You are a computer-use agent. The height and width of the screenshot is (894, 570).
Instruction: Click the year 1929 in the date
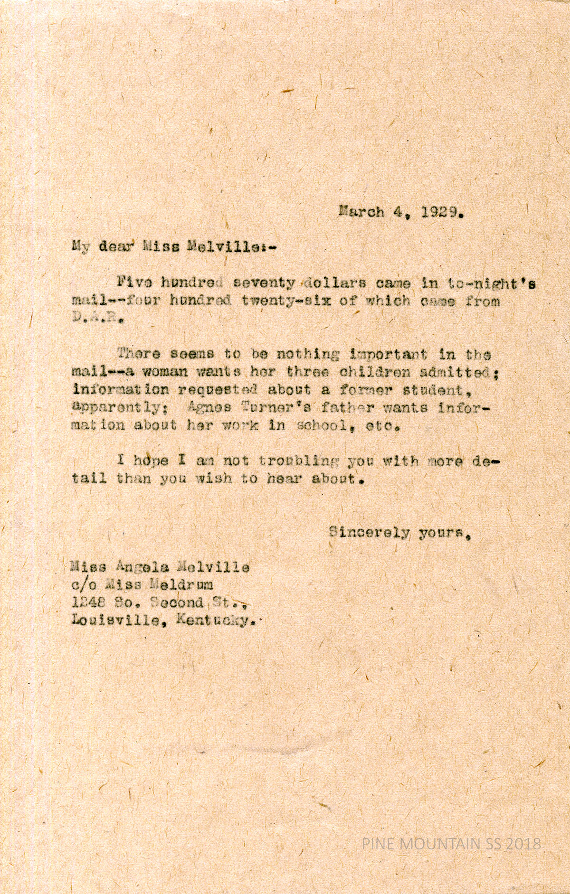pyautogui.click(x=442, y=212)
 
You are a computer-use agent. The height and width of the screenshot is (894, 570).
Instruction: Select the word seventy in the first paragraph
pyautogui.click(x=264, y=283)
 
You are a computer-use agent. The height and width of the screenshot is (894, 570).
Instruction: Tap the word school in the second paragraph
pyautogui.click(x=322, y=425)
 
